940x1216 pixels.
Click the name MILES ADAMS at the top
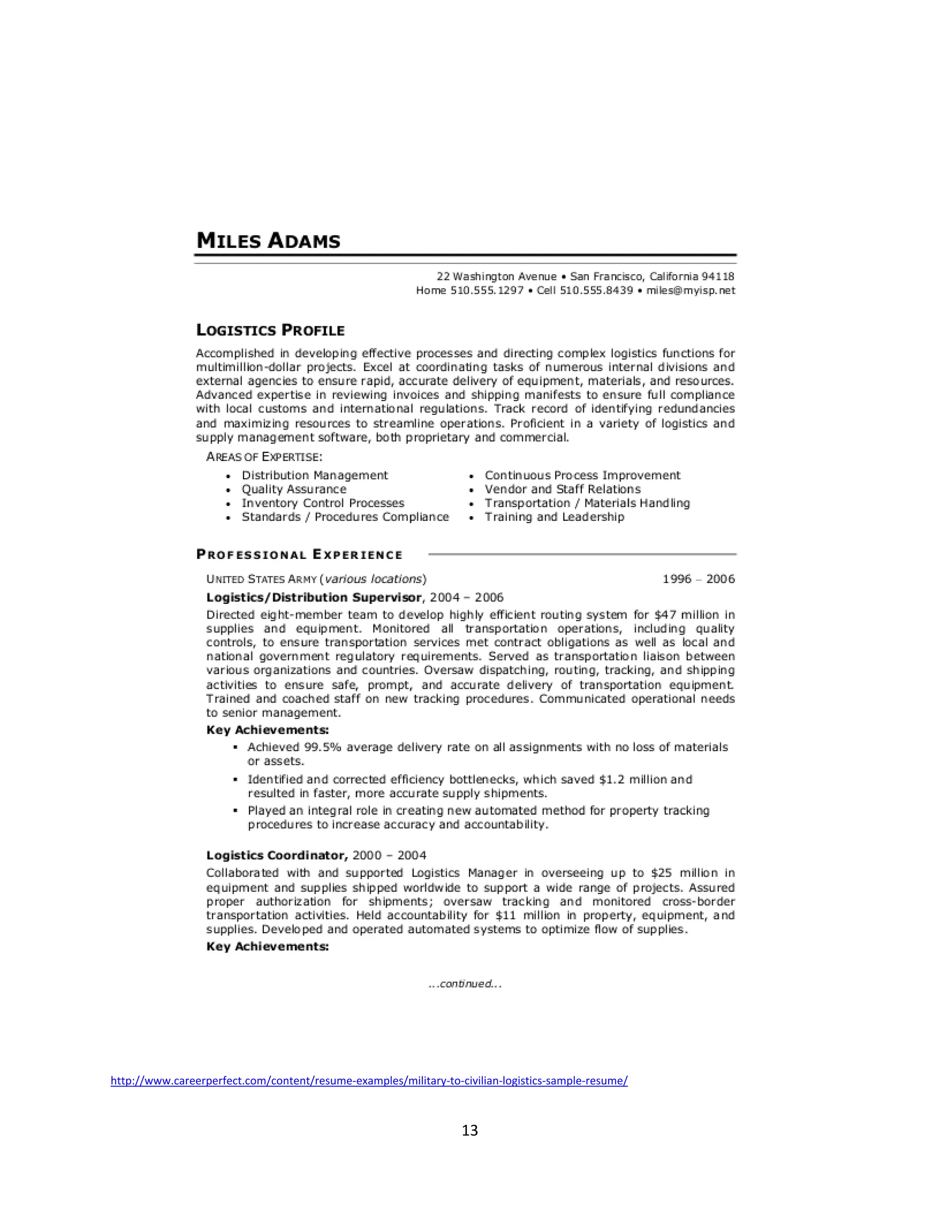coord(269,240)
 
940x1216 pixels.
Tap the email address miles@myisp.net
coord(690,290)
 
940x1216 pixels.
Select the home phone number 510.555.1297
coord(487,290)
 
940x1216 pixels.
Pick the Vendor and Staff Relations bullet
coord(562,490)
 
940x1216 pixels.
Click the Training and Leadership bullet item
coord(554,517)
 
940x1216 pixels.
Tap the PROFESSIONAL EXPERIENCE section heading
coord(299,555)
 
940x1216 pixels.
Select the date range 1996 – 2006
coord(698,579)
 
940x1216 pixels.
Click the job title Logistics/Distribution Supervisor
coord(314,597)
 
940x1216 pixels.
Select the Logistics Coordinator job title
coord(277,855)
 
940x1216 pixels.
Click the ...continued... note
coord(465,984)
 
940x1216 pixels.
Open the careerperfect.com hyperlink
coord(369,1081)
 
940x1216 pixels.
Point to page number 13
coord(470,1130)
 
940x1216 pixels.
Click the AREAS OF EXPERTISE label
coord(264,457)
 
